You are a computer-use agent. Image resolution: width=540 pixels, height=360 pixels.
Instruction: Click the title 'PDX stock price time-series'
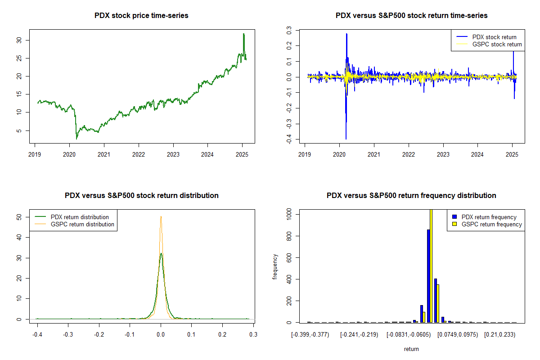pyautogui.click(x=141, y=16)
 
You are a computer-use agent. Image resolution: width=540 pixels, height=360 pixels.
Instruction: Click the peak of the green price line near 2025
pyautogui.click(x=243, y=34)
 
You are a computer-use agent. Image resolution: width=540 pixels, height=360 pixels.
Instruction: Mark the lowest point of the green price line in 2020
pyautogui.click(x=76, y=139)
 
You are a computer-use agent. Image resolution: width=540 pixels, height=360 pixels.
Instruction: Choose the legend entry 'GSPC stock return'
pyautogui.click(x=497, y=44)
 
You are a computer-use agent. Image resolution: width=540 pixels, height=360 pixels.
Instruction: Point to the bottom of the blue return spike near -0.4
pyautogui.click(x=346, y=139)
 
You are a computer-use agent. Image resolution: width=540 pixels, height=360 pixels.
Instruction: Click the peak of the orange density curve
pyautogui.click(x=161, y=217)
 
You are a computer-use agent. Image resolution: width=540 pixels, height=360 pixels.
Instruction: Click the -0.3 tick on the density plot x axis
pyautogui.click(x=68, y=335)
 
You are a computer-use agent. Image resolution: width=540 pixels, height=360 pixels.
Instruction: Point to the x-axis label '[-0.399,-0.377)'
pyautogui.click(x=310, y=335)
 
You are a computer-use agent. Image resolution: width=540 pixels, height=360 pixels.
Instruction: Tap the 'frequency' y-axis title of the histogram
pyautogui.click(x=275, y=267)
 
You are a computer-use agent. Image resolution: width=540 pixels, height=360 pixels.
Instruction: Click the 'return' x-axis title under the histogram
pyautogui.click(x=411, y=349)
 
